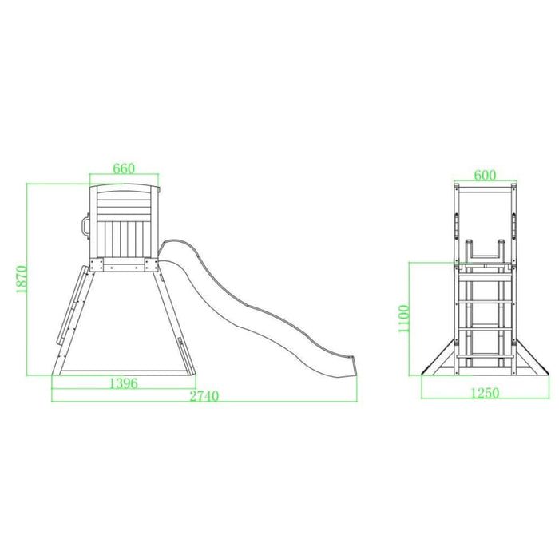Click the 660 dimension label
tap(124, 168)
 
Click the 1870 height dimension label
tap(22, 279)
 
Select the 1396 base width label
tap(123, 383)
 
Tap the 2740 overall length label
tap(204, 396)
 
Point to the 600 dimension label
tap(485, 176)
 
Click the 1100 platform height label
tap(403, 319)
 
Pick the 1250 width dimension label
tap(485, 393)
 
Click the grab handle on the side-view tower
tap(85, 226)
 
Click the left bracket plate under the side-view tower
tap(97, 265)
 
